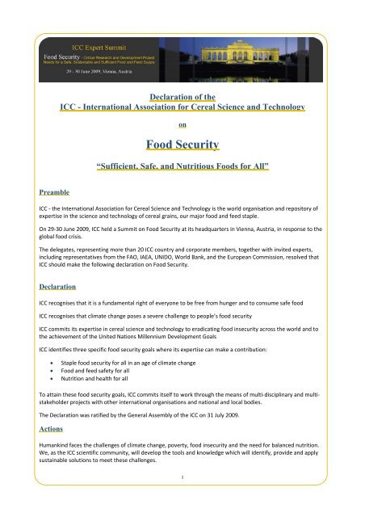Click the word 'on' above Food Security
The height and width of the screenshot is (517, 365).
[182, 125]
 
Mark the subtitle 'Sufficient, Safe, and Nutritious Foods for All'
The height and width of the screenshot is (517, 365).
[182, 169]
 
